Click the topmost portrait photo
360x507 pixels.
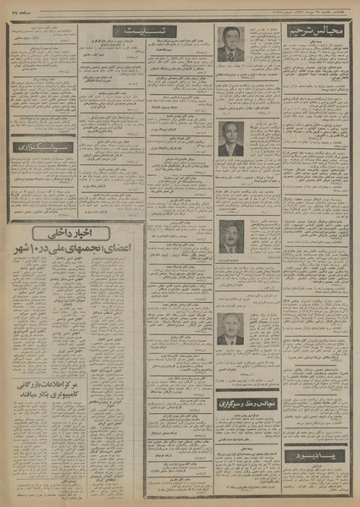[230, 42]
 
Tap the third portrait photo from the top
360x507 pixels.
[230, 236]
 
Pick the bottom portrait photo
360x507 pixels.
[230, 328]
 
